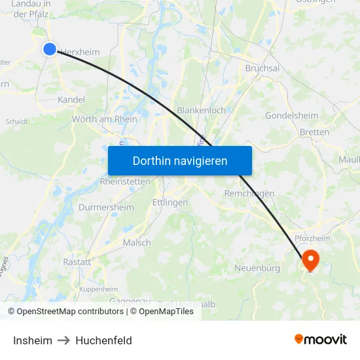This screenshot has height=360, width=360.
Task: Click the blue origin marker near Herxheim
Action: point(50,48)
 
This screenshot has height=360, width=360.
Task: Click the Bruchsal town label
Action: point(262,68)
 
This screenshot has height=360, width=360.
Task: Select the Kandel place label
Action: point(71,99)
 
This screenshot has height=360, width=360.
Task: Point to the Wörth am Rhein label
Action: point(105,119)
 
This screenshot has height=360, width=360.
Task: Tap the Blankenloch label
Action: point(202,111)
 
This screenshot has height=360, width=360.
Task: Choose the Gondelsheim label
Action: point(291,116)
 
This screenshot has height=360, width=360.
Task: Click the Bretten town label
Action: point(314,132)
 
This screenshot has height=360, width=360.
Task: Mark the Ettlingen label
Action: point(170,202)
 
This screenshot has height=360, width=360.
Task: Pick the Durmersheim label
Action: point(106,207)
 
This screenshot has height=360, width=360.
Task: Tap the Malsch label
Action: point(137,242)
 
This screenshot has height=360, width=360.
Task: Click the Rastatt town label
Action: point(77,262)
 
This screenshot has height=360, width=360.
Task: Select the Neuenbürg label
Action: point(257,268)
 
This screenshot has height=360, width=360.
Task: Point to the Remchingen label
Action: point(249,193)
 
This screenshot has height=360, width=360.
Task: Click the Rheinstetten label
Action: point(125,181)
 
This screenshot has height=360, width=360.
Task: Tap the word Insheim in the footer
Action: point(33,340)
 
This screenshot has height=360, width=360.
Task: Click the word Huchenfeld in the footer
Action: point(103,340)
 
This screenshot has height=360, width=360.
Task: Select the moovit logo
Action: point(321,339)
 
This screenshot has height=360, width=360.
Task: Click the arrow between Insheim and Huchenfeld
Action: point(63,340)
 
